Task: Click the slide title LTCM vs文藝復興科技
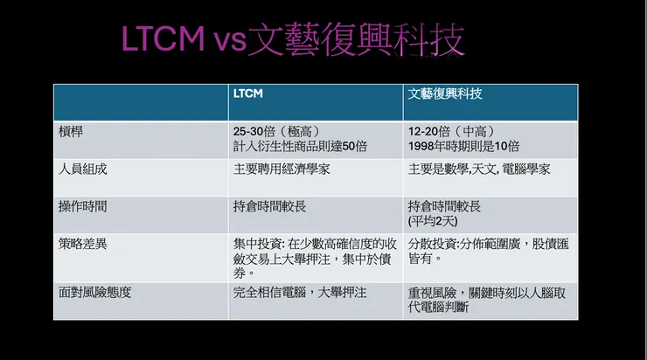(x=293, y=40)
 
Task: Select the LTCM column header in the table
(x=250, y=93)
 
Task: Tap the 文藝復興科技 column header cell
(x=445, y=93)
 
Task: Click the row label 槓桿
(x=73, y=130)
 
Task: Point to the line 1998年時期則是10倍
(x=463, y=145)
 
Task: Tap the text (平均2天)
(x=435, y=221)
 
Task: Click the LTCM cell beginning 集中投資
(x=314, y=258)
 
